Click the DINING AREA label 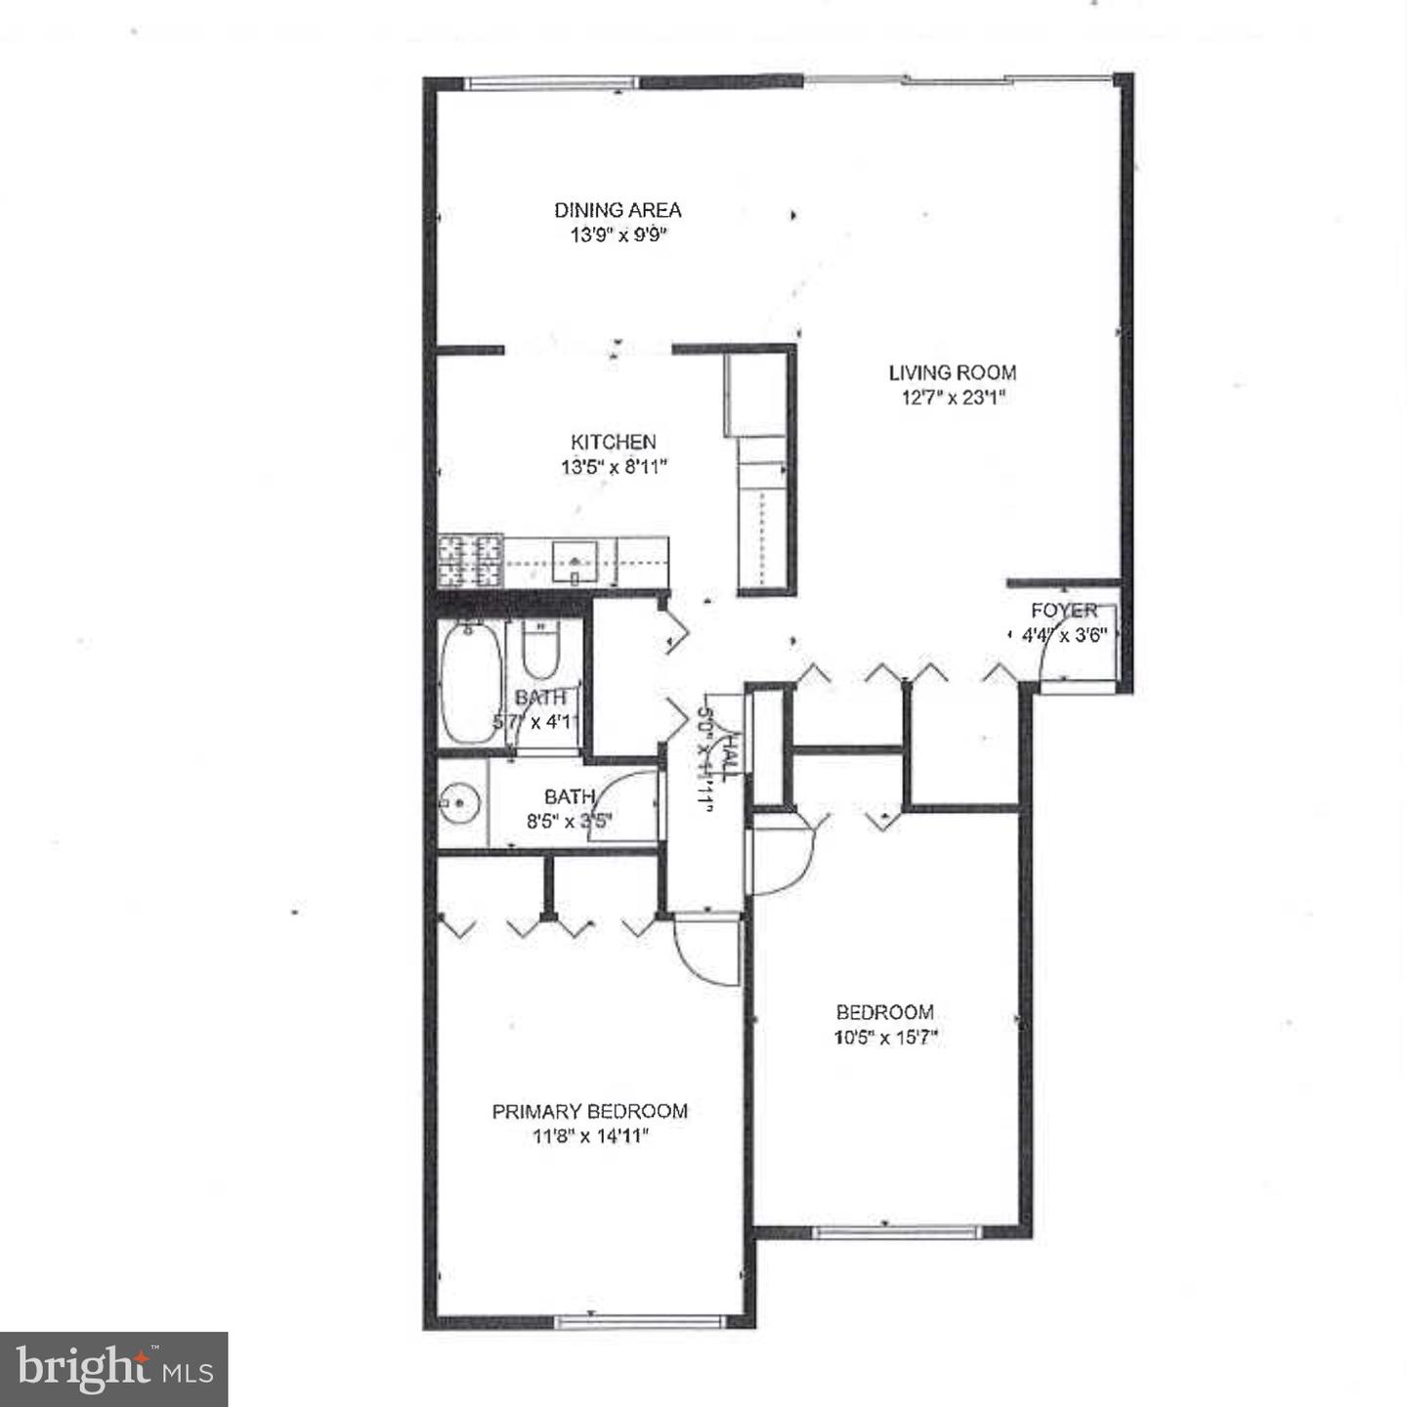coord(618,210)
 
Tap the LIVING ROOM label coord(952,372)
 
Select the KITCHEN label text coord(613,442)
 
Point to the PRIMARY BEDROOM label coord(589,1111)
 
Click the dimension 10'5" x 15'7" coord(885,1038)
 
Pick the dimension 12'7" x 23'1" coord(952,398)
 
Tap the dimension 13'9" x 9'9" coord(618,235)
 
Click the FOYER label coord(1063,611)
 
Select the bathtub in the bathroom coord(471,684)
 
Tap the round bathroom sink coord(458,804)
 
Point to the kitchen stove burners coord(470,562)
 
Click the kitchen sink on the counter coord(576,561)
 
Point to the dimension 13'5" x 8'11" coord(613,467)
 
